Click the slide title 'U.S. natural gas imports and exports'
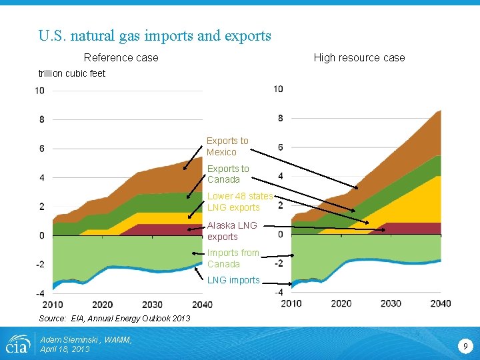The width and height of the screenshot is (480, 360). click(x=155, y=35)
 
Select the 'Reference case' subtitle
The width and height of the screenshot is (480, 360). click(x=121, y=57)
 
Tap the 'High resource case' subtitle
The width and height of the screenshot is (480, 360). click(x=359, y=57)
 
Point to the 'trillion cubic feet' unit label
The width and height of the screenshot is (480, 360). click(x=72, y=73)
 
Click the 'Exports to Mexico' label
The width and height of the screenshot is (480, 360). click(x=227, y=146)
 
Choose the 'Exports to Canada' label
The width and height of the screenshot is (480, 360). click(x=227, y=174)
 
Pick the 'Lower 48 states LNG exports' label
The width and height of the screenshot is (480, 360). click(x=239, y=201)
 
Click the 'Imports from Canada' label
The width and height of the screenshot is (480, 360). click(x=233, y=258)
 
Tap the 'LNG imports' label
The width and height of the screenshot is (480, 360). click(x=233, y=280)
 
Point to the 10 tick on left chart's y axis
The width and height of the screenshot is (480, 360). click(x=40, y=91)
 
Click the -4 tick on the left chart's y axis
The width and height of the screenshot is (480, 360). click(x=41, y=293)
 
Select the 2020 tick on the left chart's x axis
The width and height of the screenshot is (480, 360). click(x=102, y=305)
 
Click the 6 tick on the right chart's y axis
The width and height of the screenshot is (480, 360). click(x=280, y=147)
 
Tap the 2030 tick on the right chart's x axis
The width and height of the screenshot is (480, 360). click(x=391, y=303)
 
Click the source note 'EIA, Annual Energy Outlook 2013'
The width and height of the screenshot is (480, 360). click(x=115, y=318)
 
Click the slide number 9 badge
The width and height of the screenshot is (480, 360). click(x=465, y=346)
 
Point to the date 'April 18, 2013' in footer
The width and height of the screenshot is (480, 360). click(x=65, y=349)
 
